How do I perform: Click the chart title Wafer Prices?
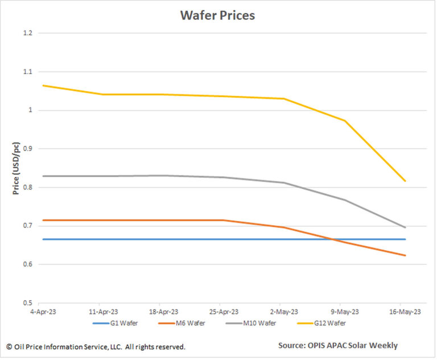[x=217, y=15]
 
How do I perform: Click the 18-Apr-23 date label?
[x=160, y=312]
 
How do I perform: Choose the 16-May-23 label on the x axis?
[x=405, y=312]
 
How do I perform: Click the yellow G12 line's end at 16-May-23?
[x=405, y=181]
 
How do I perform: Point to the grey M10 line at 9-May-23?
[x=345, y=200]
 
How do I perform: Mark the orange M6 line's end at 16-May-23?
[x=405, y=255]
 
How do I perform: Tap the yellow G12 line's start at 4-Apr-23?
[x=43, y=85]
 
